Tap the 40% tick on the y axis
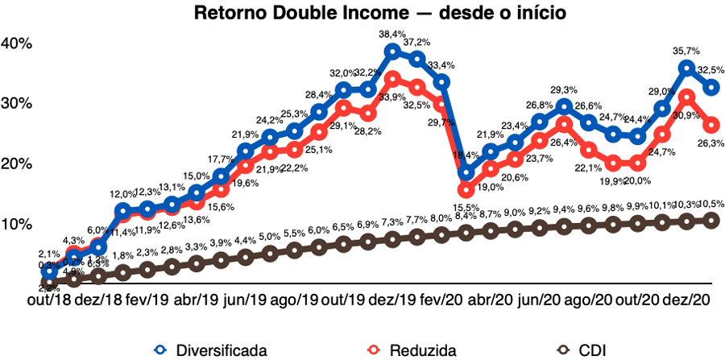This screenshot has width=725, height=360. pos(16,43)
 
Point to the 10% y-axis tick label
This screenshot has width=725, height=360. pos(16,224)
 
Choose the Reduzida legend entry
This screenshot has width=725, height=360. pos(411,350)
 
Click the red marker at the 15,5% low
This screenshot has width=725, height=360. pos(466,190)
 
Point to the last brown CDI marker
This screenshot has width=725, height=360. pos(711,220)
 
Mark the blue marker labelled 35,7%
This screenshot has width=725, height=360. pos(686,68)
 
